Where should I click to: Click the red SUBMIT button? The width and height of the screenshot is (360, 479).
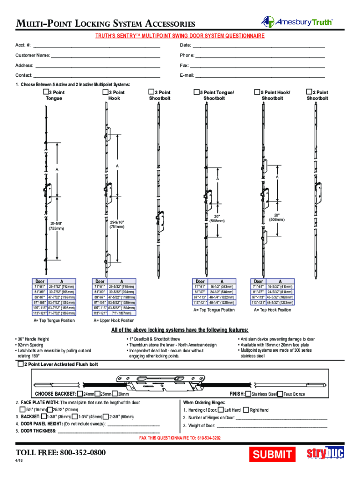tap(273, 454)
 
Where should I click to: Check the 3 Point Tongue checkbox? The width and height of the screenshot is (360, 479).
tap(46, 93)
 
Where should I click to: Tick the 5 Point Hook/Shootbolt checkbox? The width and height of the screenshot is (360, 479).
tap(257, 93)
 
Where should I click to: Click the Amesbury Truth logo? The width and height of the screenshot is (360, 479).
tap(297, 22)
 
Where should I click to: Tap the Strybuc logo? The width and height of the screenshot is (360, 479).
tap(325, 454)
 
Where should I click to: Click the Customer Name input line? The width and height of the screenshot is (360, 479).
tap(105, 56)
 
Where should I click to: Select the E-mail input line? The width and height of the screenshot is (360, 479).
tap(260, 75)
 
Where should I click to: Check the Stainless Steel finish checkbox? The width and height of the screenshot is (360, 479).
tap(249, 394)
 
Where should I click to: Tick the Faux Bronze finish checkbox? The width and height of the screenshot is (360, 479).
tap(280, 394)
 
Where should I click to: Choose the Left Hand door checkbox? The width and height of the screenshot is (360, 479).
tap(221, 410)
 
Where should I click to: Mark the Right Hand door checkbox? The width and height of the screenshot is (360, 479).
tap(246, 410)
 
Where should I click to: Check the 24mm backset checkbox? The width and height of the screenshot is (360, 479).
tap(79, 394)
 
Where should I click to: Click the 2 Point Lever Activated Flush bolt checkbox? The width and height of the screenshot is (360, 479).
tap(20, 364)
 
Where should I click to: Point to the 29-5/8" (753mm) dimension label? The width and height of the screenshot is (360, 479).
tap(58, 226)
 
